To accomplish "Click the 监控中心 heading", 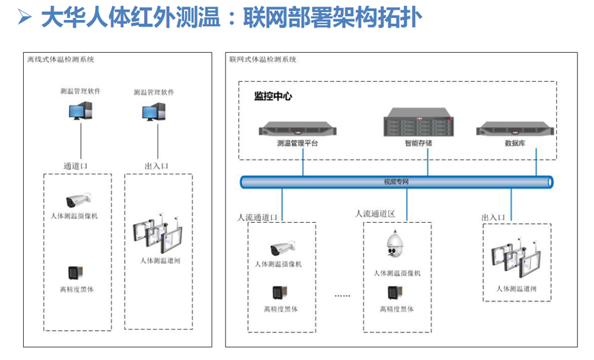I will pyautogui.click(x=272, y=96).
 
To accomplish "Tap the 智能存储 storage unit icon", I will pyautogui.click(x=418, y=124).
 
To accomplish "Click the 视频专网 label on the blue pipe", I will pyautogui.click(x=396, y=181).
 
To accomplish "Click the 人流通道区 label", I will pyautogui.click(x=375, y=214).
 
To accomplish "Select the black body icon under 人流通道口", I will pyautogui.click(x=278, y=292).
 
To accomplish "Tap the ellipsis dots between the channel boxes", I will pyautogui.click(x=342, y=295).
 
